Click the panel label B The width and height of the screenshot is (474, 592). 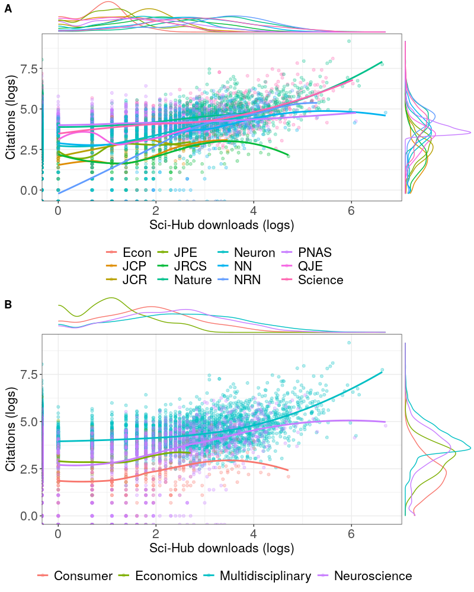[x=8, y=305]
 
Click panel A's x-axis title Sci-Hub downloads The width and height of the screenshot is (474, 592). [x=222, y=226]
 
